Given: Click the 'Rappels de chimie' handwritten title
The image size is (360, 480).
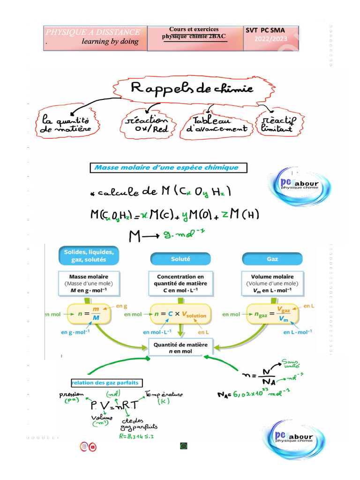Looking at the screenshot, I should pos(192,89).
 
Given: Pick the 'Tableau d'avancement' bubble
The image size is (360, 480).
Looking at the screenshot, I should pos(217,123).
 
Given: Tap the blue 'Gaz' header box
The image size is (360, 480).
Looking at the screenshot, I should pos(272,259).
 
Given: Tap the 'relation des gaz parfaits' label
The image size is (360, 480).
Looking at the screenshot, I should pos(107,383).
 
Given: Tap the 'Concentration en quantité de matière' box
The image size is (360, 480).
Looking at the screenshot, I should pos(181,284).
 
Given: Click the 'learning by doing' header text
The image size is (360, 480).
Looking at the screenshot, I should pos(110,42).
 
